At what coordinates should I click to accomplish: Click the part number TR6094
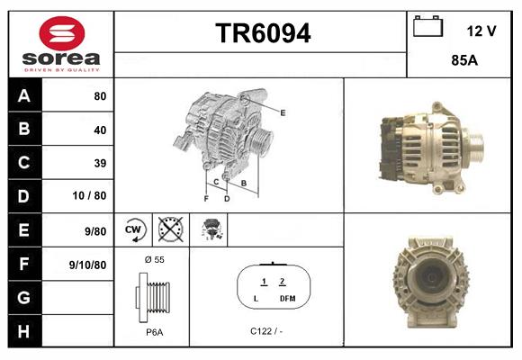tap(262, 34)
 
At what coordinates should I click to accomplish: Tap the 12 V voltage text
tap(481, 31)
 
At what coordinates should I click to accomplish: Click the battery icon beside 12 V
tap(427, 27)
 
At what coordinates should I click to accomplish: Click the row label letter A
tap(23, 95)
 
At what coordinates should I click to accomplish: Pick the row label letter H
tap(23, 330)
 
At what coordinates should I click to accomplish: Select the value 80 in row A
tap(99, 95)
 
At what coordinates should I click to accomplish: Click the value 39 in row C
tap(99, 163)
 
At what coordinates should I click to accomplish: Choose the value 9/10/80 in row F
tap(87, 265)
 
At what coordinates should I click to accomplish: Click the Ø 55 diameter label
tap(153, 259)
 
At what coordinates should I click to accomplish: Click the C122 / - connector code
tap(265, 330)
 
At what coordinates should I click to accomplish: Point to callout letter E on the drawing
tap(283, 112)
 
